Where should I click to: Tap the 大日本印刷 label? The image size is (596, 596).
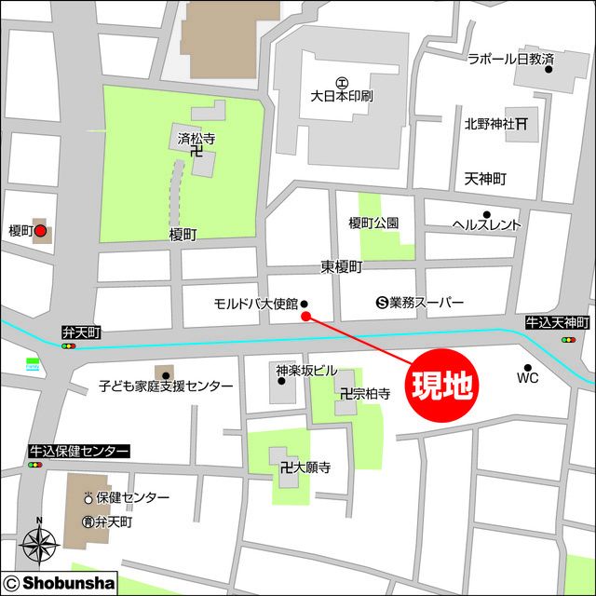342,96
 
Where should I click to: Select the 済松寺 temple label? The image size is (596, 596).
196,139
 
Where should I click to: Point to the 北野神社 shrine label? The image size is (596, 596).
491,123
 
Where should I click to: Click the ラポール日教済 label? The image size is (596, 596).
510,59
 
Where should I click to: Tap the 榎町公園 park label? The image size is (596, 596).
373,223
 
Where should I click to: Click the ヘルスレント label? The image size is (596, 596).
486,224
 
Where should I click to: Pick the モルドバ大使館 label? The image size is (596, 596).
255,304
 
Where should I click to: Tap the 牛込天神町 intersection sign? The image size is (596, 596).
558,322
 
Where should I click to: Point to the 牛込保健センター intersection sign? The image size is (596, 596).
78,451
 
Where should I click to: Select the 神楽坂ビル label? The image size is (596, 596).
306,370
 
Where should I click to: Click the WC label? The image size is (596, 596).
527,378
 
